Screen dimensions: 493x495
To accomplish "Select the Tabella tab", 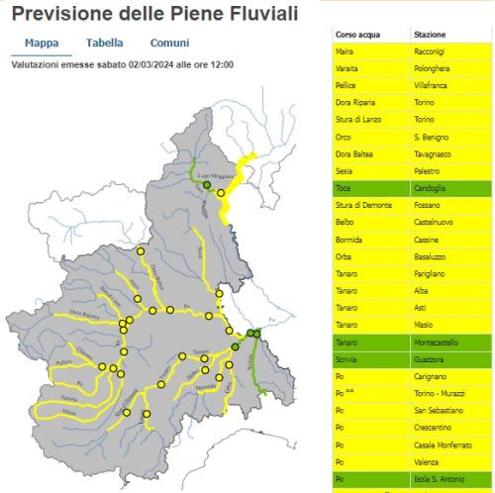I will (x=105, y=44).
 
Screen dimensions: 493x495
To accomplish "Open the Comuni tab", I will (x=169, y=44).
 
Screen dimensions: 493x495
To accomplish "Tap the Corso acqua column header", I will (x=354, y=35).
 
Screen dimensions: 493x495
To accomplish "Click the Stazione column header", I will (x=430, y=35).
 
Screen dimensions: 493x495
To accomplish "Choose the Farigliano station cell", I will (x=431, y=272).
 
